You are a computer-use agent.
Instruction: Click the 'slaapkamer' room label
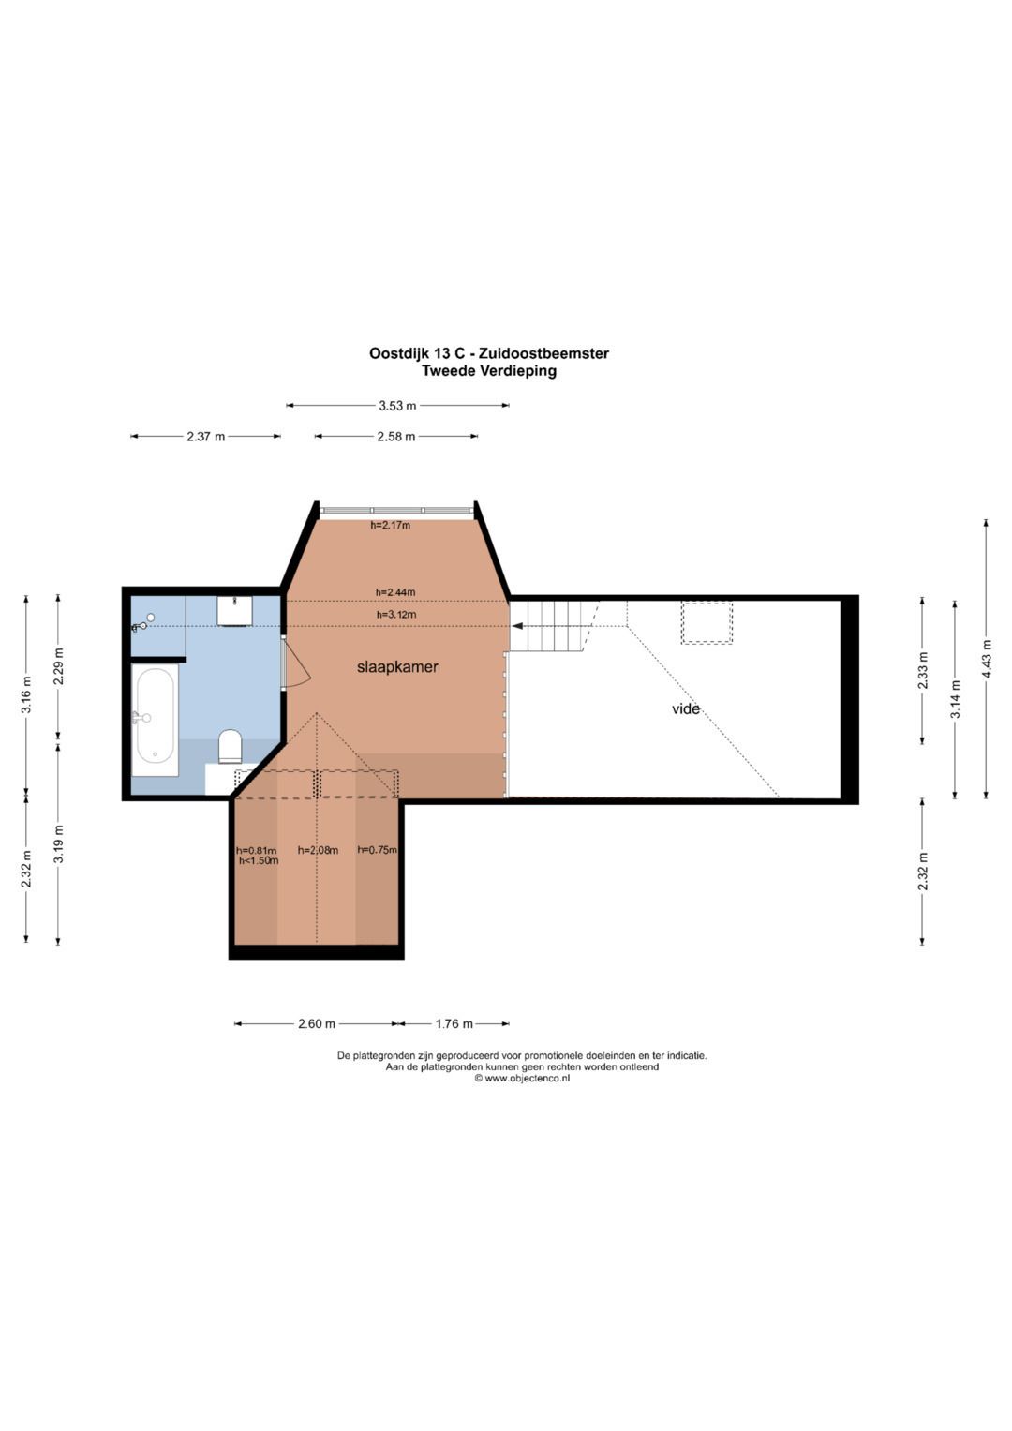pos(397,667)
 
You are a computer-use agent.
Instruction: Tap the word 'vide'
pos(686,708)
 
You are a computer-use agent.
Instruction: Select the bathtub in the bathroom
pos(156,720)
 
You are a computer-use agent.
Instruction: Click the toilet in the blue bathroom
pos(230,746)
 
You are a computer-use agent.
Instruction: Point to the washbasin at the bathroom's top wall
pos(234,611)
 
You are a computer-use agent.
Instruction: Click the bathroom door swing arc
pos(300,664)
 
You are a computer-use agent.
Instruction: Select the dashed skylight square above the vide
pos(707,622)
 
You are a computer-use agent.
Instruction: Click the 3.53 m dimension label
pos(397,406)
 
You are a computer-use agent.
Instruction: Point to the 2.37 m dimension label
pos(206,437)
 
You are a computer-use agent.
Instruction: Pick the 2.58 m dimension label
pos(396,437)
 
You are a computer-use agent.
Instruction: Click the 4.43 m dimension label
pos(986,660)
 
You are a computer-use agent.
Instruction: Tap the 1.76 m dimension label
pos(454,1024)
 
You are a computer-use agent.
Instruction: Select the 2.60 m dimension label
pos(317,1024)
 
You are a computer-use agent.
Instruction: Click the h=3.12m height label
pos(396,615)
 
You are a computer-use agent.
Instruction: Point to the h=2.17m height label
pos(391,526)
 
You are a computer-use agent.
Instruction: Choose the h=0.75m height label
pos(377,850)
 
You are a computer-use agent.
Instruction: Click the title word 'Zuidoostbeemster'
pos(543,353)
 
